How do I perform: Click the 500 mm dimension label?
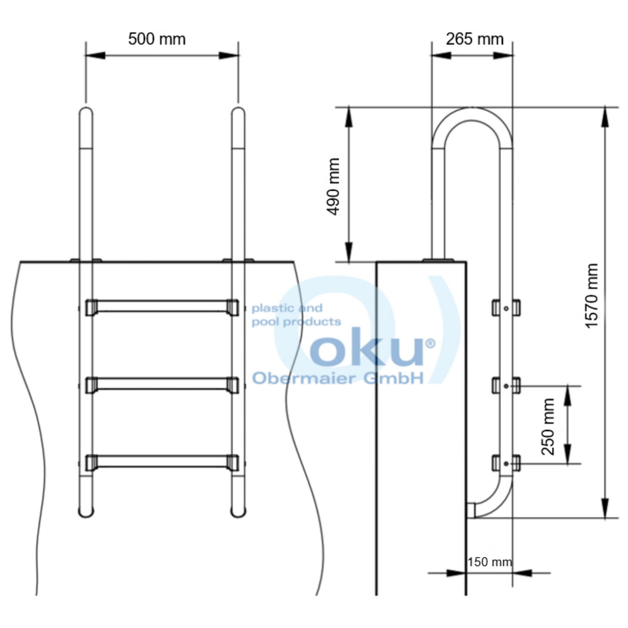point(157,39)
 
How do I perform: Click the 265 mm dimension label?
point(474,39)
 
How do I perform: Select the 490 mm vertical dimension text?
point(334,186)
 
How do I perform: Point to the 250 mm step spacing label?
point(548,426)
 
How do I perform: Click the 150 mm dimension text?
point(489,562)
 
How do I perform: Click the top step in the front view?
point(162,306)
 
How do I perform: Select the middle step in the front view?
point(162,384)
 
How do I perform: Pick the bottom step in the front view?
point(162,461)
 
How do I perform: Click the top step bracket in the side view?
point(506,308)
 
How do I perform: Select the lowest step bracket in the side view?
point(506,462)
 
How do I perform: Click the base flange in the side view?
point(438,260)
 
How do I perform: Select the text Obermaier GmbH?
point(337,378)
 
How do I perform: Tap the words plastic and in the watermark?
point(287,308)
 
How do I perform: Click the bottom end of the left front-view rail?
point(86,512)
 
